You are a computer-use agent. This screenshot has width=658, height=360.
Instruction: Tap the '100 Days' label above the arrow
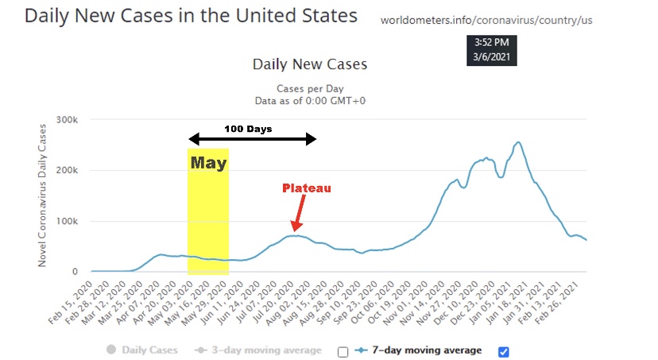tap(247, 128)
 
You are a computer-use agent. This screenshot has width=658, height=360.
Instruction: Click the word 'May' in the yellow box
tap(208, 164)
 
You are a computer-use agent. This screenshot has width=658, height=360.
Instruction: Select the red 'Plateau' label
tap(307, 188)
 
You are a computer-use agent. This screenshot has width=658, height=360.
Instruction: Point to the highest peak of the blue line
tap(518, 143)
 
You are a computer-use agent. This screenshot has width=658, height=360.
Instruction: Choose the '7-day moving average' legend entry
tap(419, 350)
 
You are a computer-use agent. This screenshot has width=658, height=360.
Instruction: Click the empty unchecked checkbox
tap(343, 351)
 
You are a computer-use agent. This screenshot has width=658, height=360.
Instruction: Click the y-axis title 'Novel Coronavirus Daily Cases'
tap(44, 195)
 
